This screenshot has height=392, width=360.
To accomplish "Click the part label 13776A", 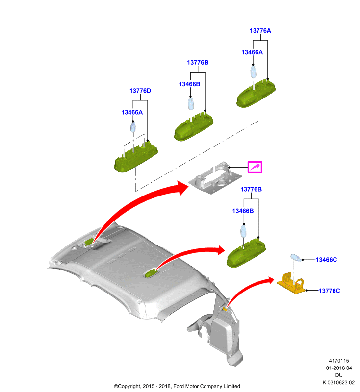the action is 260,31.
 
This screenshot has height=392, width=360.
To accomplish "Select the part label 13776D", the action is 140,91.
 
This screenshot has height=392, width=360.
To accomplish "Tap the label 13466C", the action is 326,260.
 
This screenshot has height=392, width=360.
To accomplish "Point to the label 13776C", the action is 329,291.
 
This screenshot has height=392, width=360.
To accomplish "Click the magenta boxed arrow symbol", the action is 255,167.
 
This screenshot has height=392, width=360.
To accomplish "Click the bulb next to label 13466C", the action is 296,258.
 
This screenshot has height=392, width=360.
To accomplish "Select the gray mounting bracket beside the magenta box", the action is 215,178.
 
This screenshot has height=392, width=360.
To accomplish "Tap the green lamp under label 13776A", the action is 256,94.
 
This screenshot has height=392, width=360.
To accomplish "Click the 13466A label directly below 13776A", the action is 252,52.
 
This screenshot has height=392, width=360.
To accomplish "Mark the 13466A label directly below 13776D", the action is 132,113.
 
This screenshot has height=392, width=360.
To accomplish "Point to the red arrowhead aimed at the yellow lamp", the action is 270,280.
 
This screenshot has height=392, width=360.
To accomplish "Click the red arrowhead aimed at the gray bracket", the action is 182,188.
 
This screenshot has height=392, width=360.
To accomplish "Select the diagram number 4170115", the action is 339,361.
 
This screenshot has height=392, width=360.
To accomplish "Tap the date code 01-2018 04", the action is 339,368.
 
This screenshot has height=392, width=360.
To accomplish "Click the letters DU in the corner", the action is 339,375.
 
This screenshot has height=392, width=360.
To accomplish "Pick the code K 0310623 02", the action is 338,383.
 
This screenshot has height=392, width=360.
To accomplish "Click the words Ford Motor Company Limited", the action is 206,386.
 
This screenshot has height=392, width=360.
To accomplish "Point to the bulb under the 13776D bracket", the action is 133,127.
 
